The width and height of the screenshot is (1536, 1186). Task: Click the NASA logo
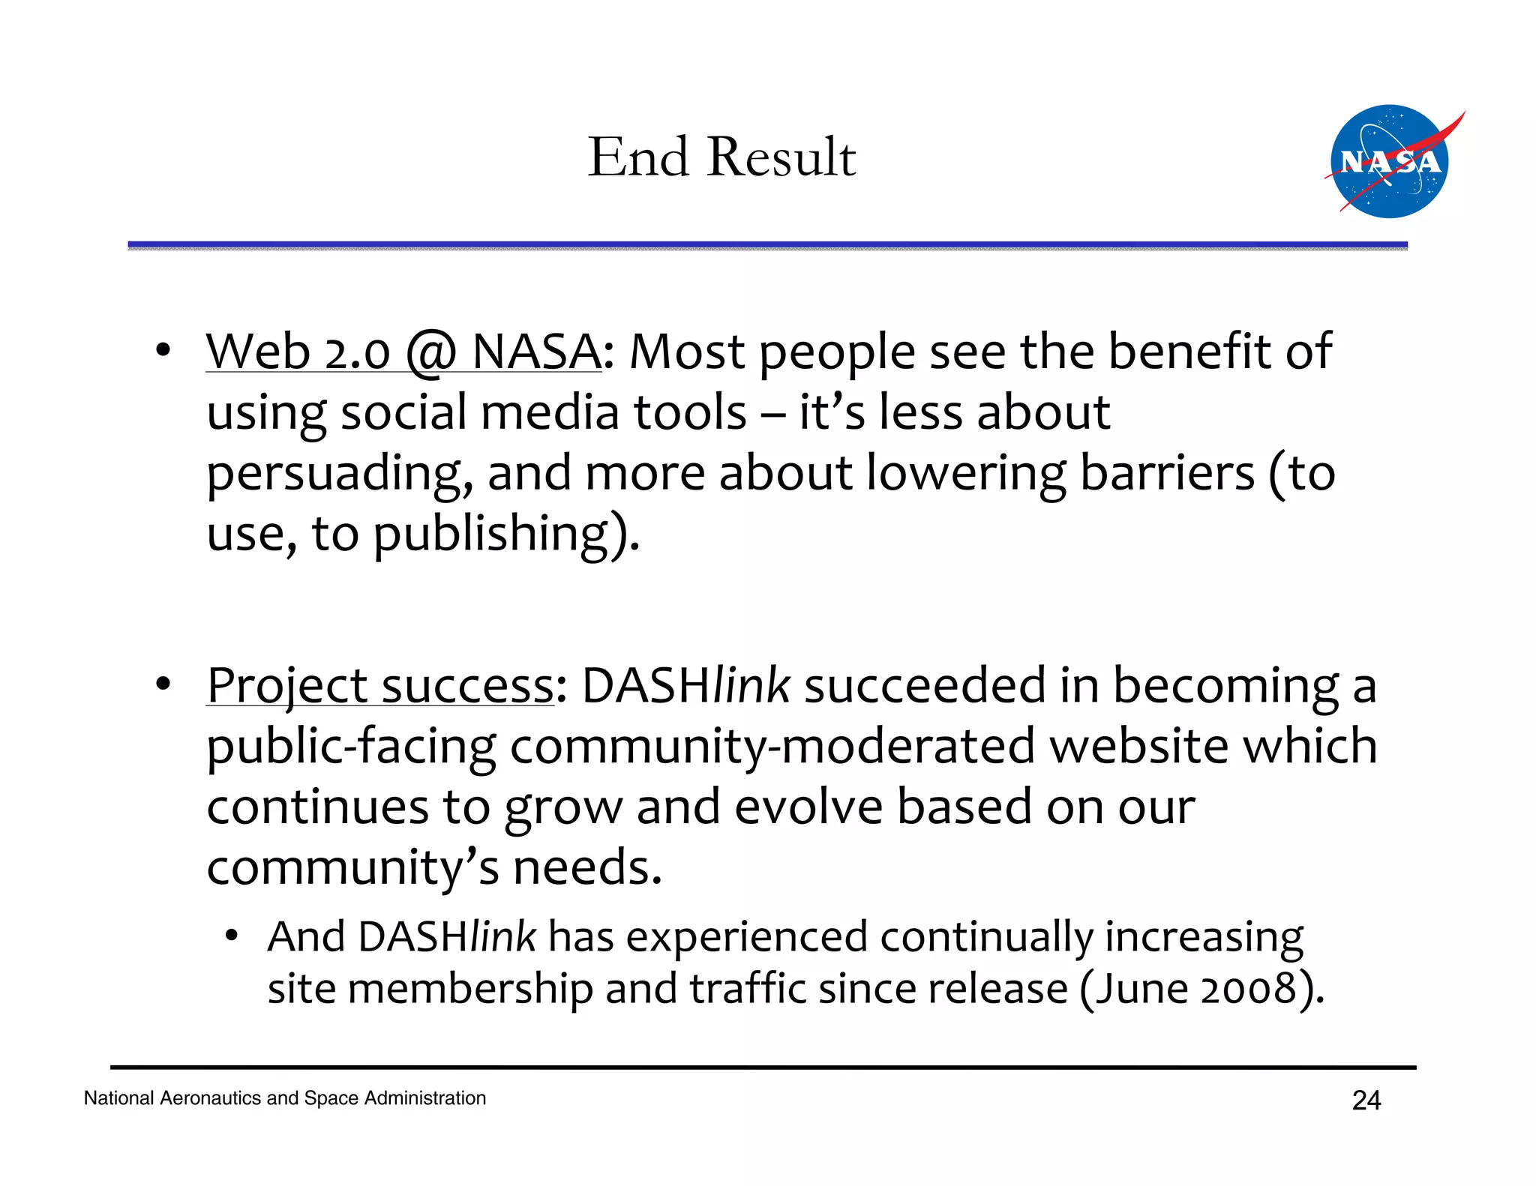point(1390,162)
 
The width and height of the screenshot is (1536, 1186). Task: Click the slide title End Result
point(721,157)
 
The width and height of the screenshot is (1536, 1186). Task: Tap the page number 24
point(1366,1101)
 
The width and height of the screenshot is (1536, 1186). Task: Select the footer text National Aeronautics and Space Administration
point(284,1098)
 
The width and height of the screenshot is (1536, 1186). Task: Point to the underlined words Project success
point(380,685)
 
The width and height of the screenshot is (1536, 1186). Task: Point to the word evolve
point(808,807)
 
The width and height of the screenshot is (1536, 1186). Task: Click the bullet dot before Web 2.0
point(163,350)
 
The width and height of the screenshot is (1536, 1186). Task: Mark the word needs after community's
point(586,868)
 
